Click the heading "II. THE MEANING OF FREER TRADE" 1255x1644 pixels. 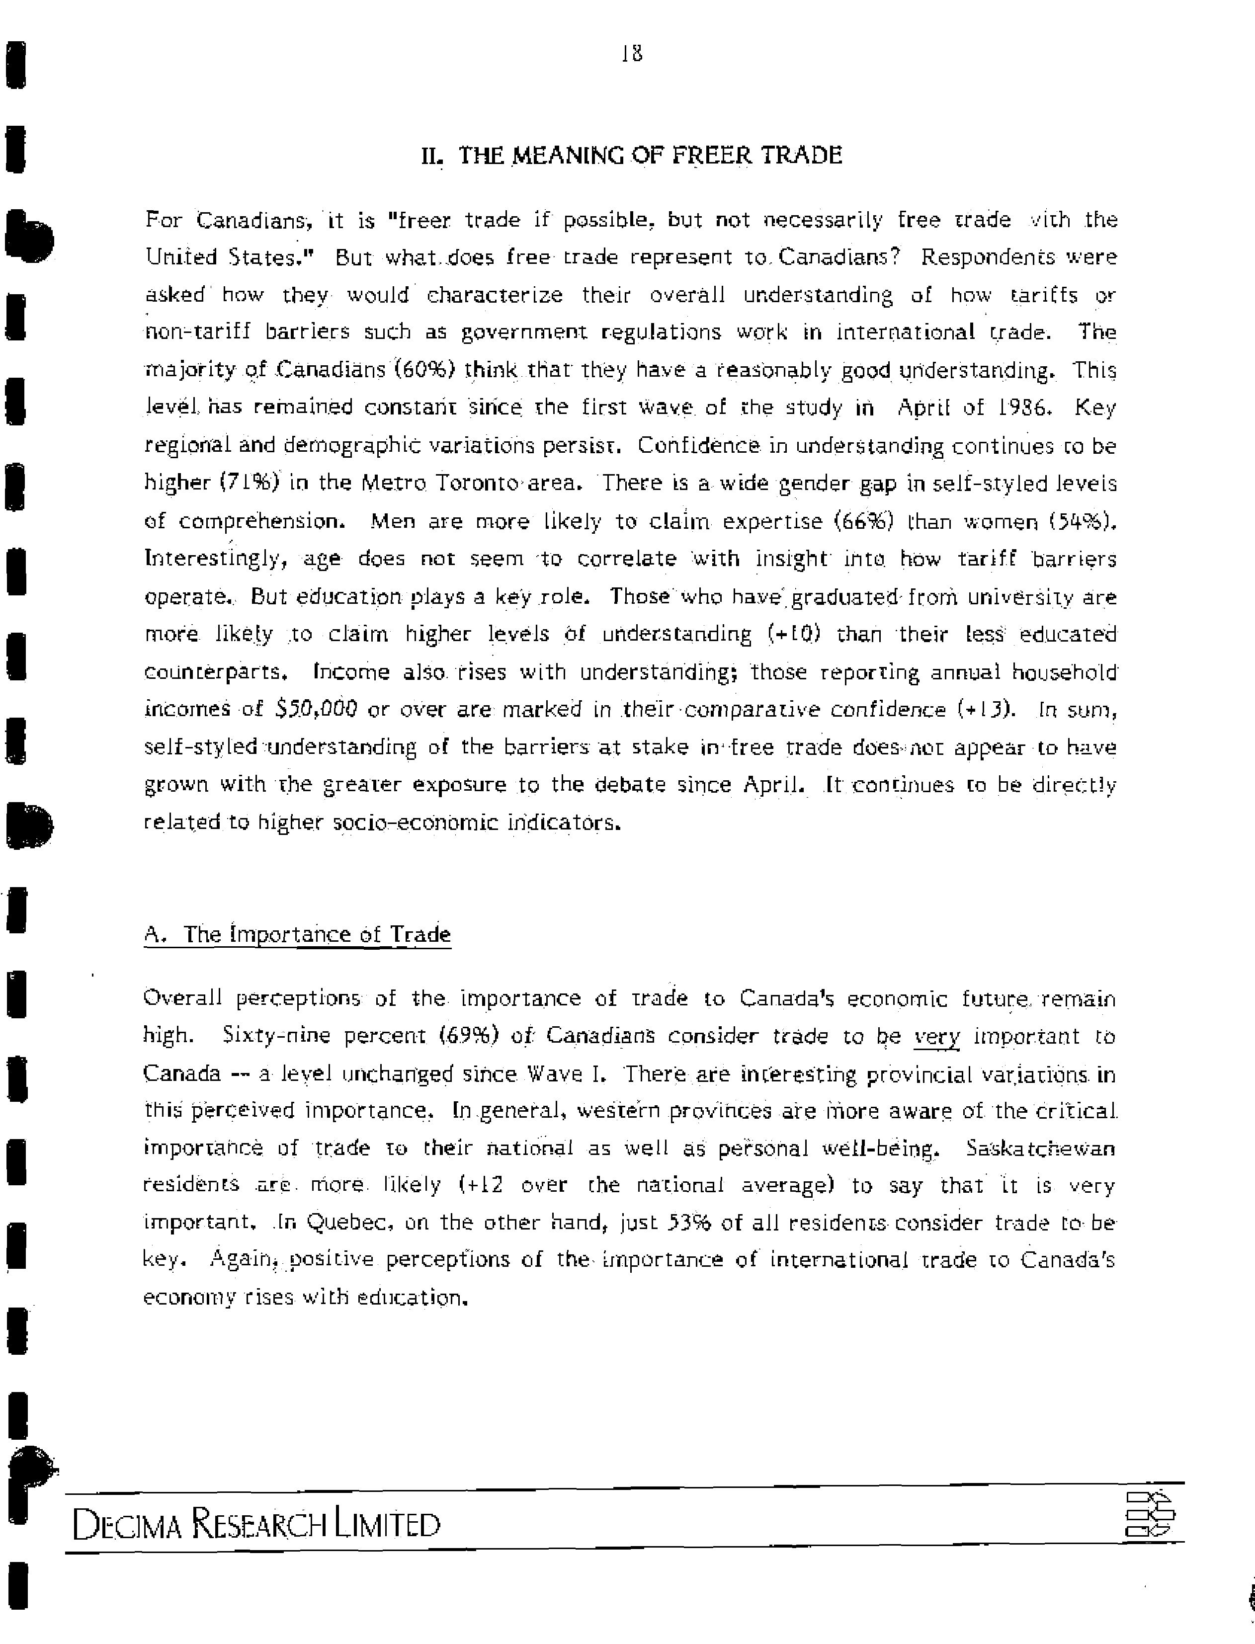(632, 156)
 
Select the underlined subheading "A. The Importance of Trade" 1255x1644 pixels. (297, 934)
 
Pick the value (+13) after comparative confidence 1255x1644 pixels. (987, 709)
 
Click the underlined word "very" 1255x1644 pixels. (937, 1037)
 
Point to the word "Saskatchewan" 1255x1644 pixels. (1041, 1148)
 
